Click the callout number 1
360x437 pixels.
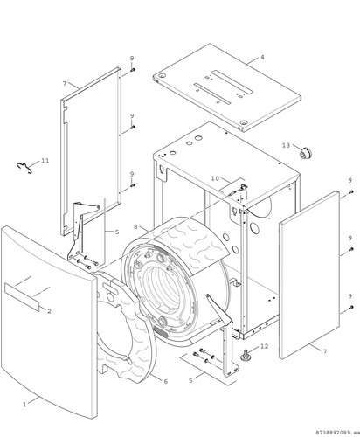24,405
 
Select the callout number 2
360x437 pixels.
49,311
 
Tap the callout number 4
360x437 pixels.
262,57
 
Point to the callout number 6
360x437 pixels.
165,381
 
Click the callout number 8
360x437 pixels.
135,226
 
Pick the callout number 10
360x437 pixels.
215,178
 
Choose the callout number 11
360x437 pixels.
45,161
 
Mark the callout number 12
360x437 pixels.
265,346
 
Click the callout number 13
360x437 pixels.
287,145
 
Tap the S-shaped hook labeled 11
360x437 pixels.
24,168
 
